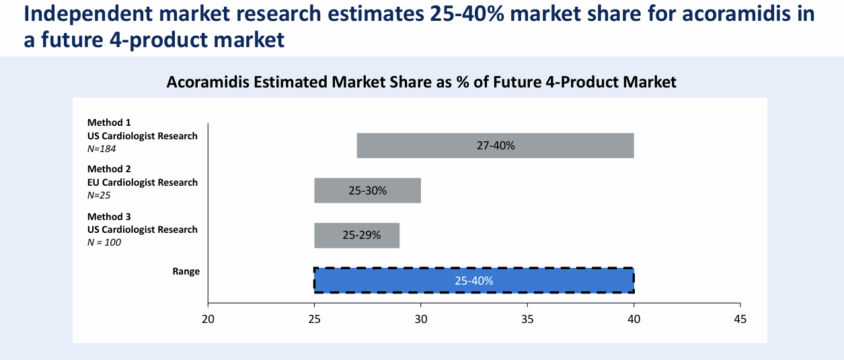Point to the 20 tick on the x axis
[x=208, y=320]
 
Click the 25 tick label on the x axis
[x=315, y=320]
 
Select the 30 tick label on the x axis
[x=421, y=320]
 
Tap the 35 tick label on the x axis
[x=527, y=320]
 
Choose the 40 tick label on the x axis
[x=634, y=320]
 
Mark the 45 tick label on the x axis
[x=740, y=320]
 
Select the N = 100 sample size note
[x=105, y=242]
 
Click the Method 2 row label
[x=109, y=169]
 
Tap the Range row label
[x=186, y=271]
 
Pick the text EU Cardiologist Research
[x=143, y=182]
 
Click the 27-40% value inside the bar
[x=496, y=145]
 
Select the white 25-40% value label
[x=474, y=281]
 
